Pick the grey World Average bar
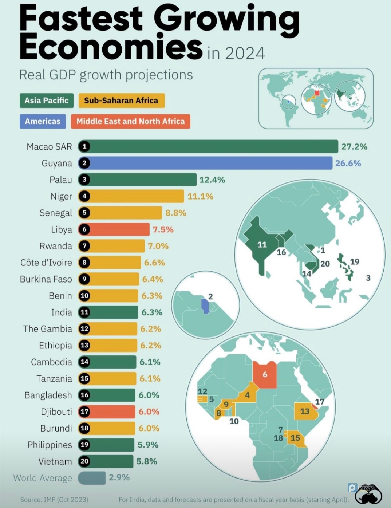point(92,478)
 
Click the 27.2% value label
point(354,147)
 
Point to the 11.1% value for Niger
point(200,197)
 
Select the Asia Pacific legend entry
point(47,101)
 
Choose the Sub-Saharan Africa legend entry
point(121,101)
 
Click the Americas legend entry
point(43,121)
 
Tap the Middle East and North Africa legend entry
point(130,121)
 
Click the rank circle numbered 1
point(84,146)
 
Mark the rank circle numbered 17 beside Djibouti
point(84,411)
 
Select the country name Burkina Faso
point(46,279)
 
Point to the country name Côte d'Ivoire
point(46,263)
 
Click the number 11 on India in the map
point(262,245)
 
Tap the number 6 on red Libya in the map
point(265,374)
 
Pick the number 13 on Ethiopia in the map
point(305,411)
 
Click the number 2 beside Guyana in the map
point(210,296)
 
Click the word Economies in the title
point(111,47)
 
